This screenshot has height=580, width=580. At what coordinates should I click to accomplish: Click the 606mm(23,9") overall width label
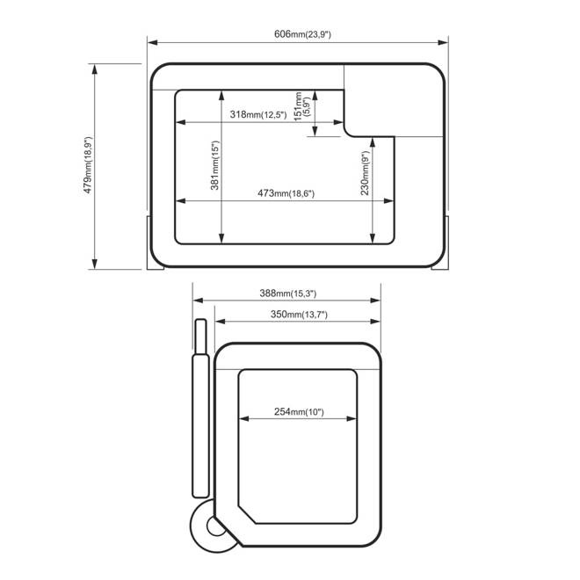pyautogui.click(x=302, y=34)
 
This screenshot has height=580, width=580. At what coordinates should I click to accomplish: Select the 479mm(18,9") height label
pyautogui.click(x=88, y=165)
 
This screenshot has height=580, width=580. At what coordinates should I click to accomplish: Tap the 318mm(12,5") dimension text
pyautogui.click(x=258, y=114)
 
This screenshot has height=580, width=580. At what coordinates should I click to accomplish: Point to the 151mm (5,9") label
pyautogui.click(x=301, y=106)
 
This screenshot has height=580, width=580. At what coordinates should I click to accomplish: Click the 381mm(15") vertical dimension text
pyautogui.click(x=215, y=165)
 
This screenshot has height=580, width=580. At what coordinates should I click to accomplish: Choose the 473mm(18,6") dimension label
pyautogui.click(x=286, y=193)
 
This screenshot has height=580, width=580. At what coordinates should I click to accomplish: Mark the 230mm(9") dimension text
pyautogui.click(x=365, y=173)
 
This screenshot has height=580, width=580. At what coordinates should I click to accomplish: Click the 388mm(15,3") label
pyautogui.click(x=287, y=294)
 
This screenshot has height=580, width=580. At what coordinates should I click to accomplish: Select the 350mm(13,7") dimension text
pyautogui.click(x=299, y=315)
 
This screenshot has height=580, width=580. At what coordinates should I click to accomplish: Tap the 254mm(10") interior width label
pyautogui.click(x=299, y=411)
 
